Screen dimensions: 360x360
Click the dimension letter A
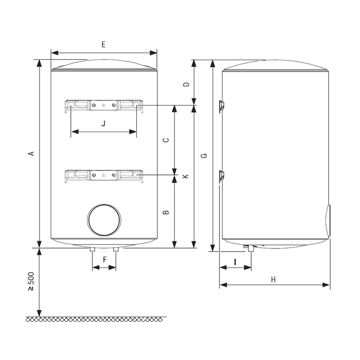[x=30, y=153]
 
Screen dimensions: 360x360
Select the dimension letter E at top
[x=103, y=44]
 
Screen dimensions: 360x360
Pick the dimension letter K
[x=186, y=175]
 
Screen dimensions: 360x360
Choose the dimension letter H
[x=273, y=279]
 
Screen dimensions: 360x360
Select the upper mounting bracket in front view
[x=104, y=105]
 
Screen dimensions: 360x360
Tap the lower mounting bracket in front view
[x=104, y=174]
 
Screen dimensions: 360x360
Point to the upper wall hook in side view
[x=221, y=106]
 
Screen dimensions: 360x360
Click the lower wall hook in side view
[x=221, y=176]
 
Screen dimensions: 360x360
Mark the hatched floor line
[x=97, y=319]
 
